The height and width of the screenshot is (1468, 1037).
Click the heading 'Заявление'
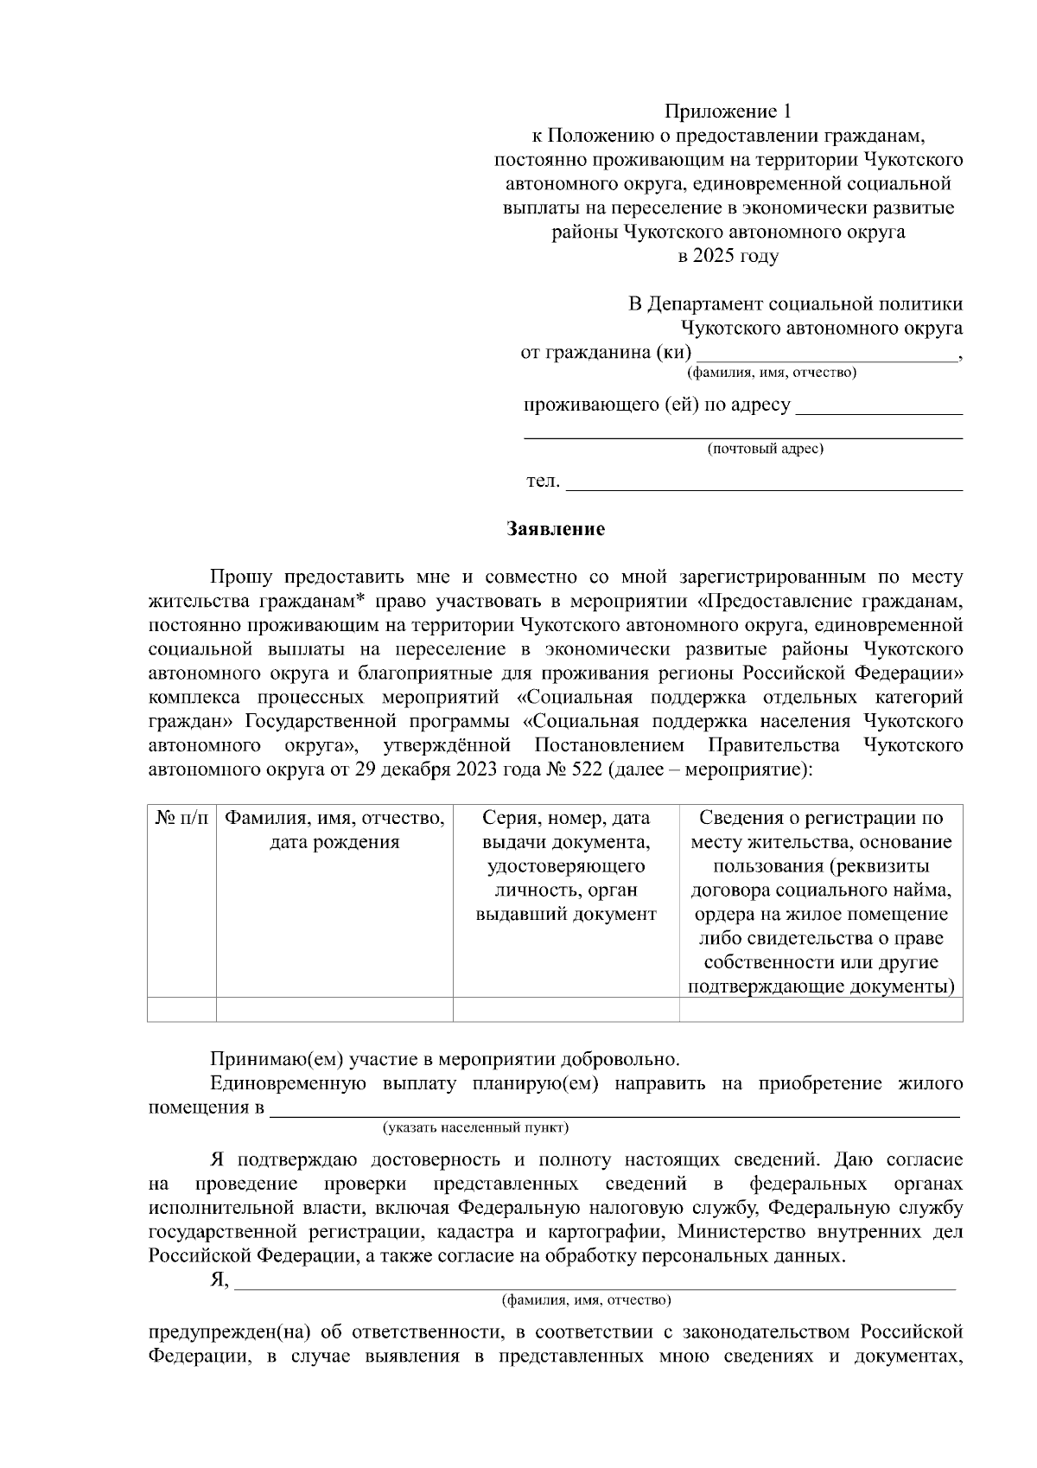(555, 529)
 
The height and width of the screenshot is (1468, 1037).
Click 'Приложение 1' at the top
(728, 112)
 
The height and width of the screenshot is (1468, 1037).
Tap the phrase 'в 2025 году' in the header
(728, 257)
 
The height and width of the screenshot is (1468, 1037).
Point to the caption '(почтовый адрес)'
(765, 450)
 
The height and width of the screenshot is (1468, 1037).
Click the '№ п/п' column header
(181, 818)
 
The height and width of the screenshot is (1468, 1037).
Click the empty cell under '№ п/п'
(181, 1009)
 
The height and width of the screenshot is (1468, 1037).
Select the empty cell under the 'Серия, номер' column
(566, 1009)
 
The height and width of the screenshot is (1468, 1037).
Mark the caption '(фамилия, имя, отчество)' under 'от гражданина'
(771, 373)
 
